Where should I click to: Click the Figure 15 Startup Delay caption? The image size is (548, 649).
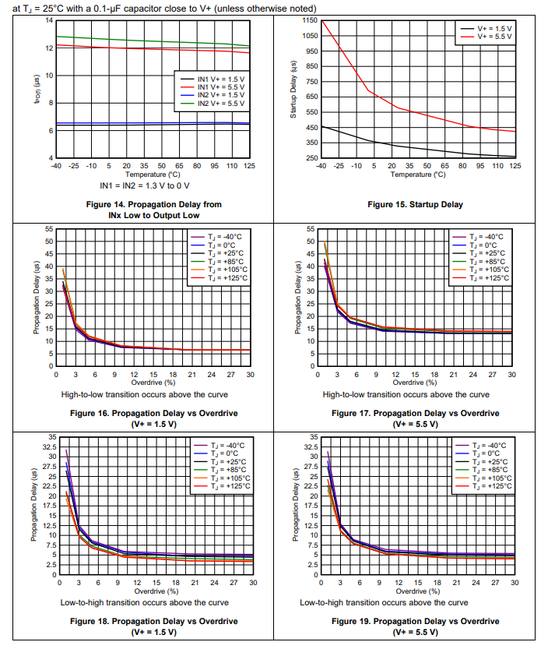(x=415, y=205)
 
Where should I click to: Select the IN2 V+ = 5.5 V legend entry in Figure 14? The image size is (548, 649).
(x=220, y=104)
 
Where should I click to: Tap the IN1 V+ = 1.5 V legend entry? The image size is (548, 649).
(x=220, y=79)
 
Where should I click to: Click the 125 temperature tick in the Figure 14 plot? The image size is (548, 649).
(x=250, y=166)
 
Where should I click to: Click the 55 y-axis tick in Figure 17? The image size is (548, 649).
(x=311, y=229)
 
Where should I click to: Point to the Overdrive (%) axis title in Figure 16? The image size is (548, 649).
(x=153, y=383)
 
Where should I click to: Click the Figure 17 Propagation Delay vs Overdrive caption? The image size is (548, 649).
(x=415, y=413)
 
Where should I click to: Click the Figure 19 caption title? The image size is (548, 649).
(x=415, y=621)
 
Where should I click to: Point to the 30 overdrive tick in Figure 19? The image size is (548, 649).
(x=515, y=583)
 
